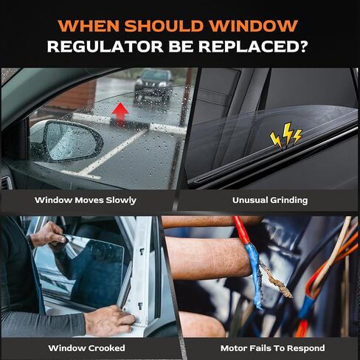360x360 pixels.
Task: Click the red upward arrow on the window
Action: point(120,113)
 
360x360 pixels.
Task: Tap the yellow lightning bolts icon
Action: point(285,136)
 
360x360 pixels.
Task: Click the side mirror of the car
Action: point(67,141)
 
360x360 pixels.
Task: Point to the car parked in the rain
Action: point(153,86)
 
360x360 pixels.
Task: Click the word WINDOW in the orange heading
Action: point(254,26)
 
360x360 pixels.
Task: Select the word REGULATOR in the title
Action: point(105,46)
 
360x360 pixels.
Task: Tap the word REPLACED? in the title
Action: point(253,46)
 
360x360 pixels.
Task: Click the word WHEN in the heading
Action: point(89,26)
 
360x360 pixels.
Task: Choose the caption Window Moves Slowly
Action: point(86,201)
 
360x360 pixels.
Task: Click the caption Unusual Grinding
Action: point(270,200)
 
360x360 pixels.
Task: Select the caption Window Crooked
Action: point(86,348)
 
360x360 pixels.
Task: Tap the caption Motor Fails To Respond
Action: point(272,348)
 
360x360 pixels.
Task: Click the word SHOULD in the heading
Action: point(165,26)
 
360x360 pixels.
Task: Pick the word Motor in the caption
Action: point(234,348)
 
